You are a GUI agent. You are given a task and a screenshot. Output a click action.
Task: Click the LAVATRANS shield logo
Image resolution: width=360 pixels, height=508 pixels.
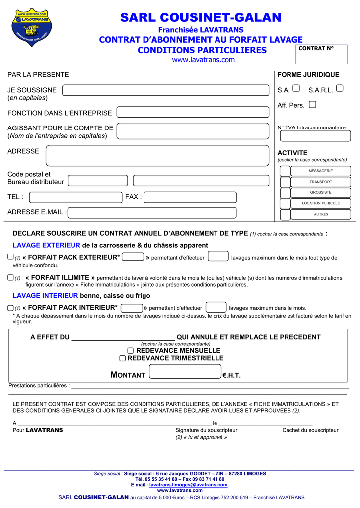coord(32,28)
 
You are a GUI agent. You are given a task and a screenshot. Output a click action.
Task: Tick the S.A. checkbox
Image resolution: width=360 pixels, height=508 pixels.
coord(296,88)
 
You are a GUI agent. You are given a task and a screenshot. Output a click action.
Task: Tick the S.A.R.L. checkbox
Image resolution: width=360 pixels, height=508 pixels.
coord(340,88)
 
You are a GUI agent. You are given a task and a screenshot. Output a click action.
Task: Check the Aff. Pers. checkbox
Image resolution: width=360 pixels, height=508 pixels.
coord(312,105)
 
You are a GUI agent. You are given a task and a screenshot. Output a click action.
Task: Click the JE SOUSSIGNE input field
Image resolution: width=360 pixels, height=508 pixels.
coord(166,90)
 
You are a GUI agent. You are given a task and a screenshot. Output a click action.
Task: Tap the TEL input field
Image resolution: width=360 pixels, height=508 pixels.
coord(75,197)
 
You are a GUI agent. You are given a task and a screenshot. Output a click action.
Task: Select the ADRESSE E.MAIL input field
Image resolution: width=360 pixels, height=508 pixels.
coord(152,213)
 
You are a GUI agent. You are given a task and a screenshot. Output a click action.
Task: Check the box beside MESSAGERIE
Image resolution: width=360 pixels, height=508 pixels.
coord(285,171)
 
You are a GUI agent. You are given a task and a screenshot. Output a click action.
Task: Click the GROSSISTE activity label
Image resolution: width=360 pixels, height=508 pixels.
coord(321,192)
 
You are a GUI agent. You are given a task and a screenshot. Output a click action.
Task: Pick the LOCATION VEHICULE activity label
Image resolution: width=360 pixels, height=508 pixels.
coord(321,203)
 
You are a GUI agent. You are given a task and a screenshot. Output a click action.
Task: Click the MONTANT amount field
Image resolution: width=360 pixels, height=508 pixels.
coord(185,371)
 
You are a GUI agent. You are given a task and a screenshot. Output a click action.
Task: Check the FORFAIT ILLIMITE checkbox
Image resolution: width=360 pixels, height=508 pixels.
coord(11,278)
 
